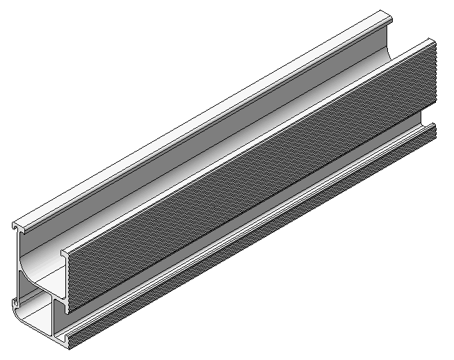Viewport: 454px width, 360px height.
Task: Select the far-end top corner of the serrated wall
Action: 433,42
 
